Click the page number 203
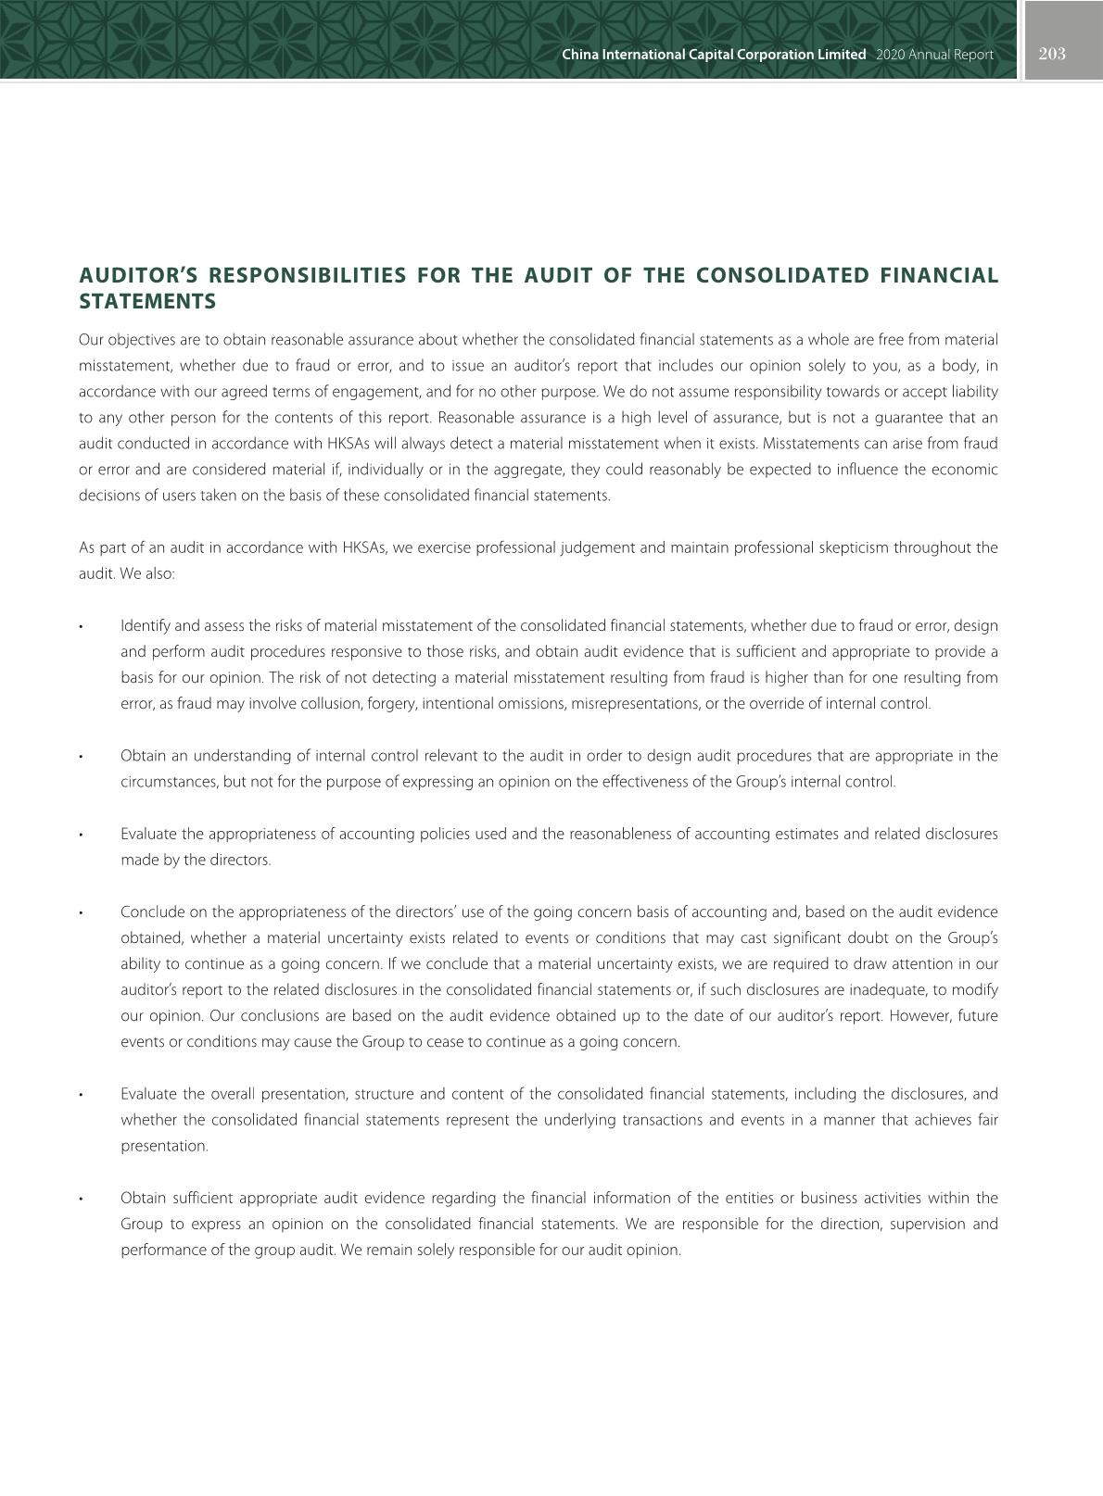(x=1052, y=54)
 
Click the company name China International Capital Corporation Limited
(x=714, y=55)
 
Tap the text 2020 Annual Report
(x=933, y=55)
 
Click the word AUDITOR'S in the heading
(x=136, y=276)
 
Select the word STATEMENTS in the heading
(x=147, y=302)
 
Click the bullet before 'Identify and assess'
(x=82, y=627)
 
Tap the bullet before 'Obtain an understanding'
(x=82, y=757)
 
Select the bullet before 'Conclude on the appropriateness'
(x=82, y=913)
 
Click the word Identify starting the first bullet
(x=145, y=626)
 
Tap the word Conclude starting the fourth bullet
(x=150, y=912)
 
